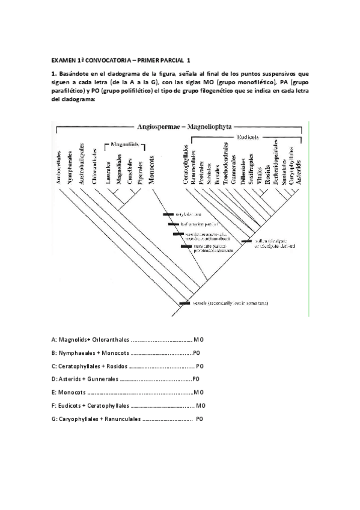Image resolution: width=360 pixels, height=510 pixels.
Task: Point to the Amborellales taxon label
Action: click(59, 164)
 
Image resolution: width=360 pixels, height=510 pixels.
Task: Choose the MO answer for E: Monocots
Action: click(199, 392)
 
